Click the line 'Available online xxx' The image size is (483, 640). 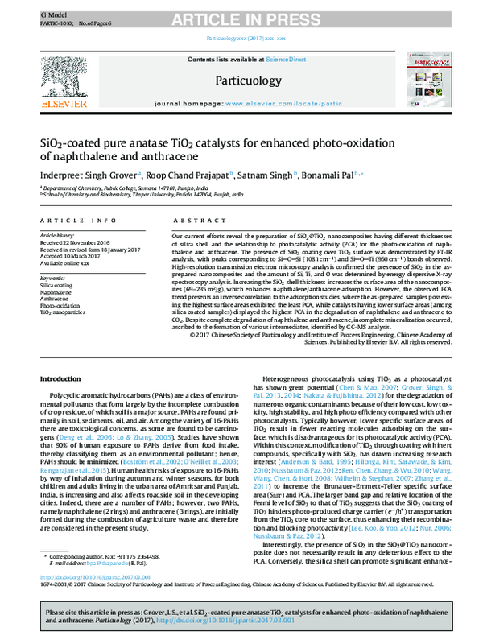coord(65,263)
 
